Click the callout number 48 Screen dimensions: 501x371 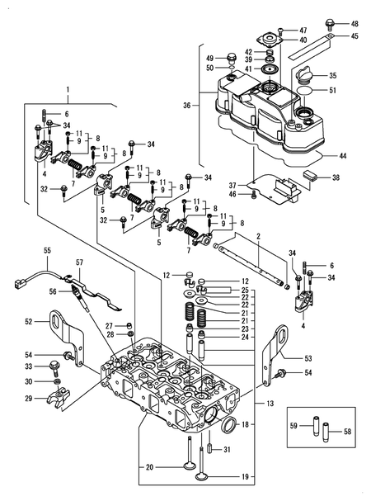click(355, 23)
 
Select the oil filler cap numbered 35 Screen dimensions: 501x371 click(303, 77)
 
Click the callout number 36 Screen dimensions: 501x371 click(186, 105)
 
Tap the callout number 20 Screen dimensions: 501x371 click(149, 468)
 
